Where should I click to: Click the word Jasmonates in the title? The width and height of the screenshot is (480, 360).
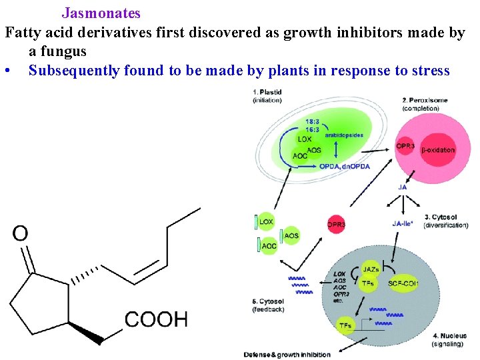[x=101, y=13]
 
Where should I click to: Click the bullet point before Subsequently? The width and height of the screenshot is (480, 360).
[x=7, y=71]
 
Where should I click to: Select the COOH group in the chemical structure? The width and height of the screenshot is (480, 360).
[x=156, y=319]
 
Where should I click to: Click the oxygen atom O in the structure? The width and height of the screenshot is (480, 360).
[x=21, y=233]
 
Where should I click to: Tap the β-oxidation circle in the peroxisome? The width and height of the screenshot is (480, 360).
[x=437, y=150]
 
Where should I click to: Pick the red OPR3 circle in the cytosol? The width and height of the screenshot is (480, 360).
[x=337, y=225]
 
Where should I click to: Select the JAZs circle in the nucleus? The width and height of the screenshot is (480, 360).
[x=371, y=270]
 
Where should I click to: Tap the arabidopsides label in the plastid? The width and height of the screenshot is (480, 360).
[x=344, y=135]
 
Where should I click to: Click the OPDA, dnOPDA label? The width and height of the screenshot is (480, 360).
[x=344, y=166]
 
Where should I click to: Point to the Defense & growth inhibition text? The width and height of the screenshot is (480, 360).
[x=287, y=354]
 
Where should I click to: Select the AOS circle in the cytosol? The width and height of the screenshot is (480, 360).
[x=291, y=235]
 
